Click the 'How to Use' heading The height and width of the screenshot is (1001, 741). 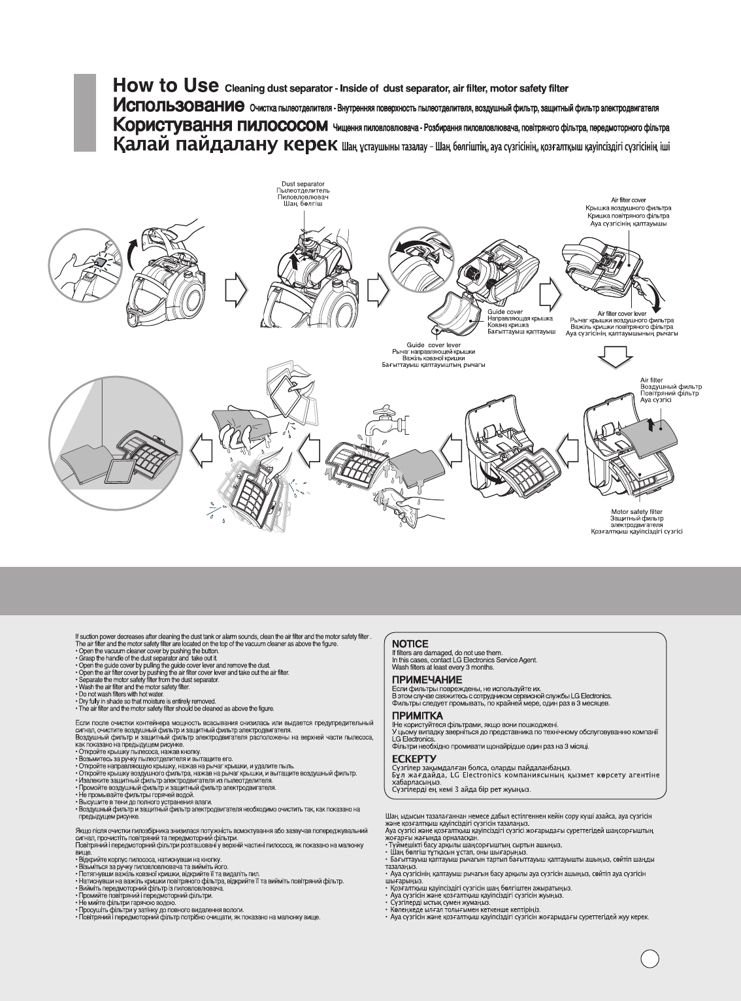[165, 86]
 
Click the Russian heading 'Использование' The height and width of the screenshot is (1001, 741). [178, 105]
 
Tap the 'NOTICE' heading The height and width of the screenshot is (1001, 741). [410, 644]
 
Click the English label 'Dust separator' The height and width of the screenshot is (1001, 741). [303, 184]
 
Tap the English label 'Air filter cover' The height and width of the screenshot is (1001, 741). [629, 200]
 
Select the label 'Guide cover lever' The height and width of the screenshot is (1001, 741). [433, 345]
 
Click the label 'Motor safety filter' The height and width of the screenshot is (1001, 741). [636, 511]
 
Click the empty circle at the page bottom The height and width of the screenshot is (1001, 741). [649, 959]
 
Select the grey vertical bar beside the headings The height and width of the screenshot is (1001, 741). [85, 112]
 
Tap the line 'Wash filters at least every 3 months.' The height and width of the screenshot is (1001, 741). [442, 668]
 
